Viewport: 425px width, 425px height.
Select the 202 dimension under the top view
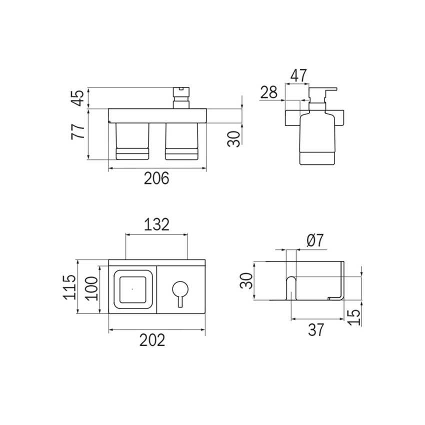(x=152, y=340)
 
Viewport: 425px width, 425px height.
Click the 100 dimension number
(x=90, y=287)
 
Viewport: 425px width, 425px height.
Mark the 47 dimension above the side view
(x=298, y=76)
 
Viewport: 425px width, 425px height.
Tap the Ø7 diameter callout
(x=314, y=241)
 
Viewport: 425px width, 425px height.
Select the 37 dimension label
(x=316, y=329)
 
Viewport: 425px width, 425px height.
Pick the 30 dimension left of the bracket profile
(x=245, y=280)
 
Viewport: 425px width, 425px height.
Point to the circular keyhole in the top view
(x=179, y=288)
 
